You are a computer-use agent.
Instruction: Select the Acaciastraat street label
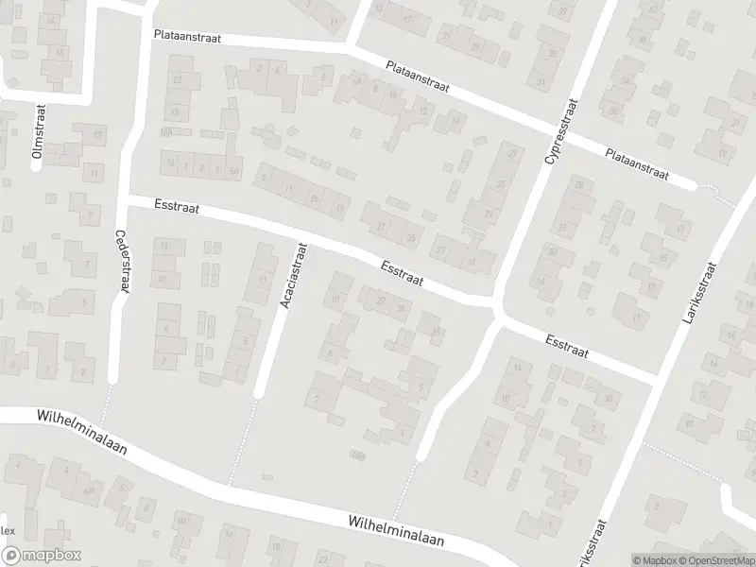293,274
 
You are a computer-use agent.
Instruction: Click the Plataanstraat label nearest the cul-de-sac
637,163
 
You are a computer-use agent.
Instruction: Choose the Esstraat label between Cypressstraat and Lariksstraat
566,346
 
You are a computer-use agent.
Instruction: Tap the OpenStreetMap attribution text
713,559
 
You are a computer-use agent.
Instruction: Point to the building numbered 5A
234,170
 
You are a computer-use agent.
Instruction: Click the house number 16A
166,131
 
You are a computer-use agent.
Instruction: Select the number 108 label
356,456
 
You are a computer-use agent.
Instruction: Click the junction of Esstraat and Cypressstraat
495,307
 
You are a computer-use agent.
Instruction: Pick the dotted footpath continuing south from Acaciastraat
243,439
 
